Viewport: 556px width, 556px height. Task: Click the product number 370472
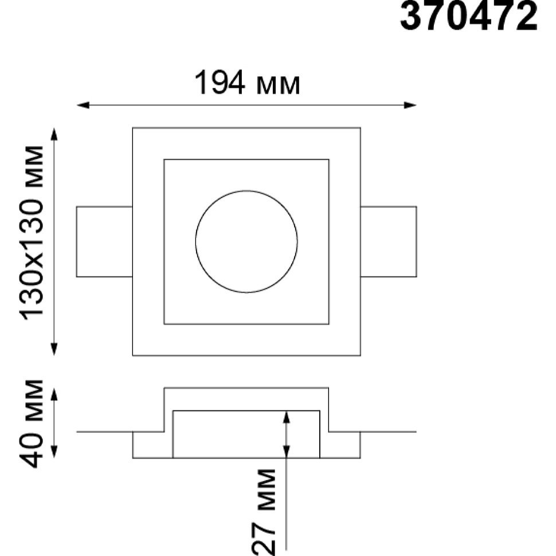click(468, 16)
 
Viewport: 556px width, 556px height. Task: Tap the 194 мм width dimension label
click(247, 83)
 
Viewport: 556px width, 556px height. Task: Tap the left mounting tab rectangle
click(77, 241)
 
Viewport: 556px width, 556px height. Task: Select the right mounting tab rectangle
click(416, 241)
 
